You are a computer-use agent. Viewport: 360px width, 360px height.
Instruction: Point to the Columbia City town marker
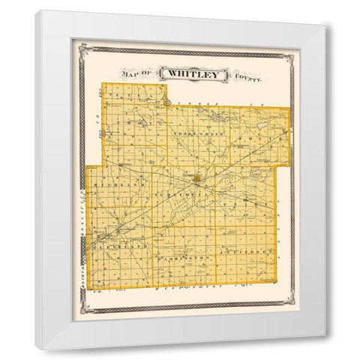[x=196, y=179]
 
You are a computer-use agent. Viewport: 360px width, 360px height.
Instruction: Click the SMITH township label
[x=262, y=135]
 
